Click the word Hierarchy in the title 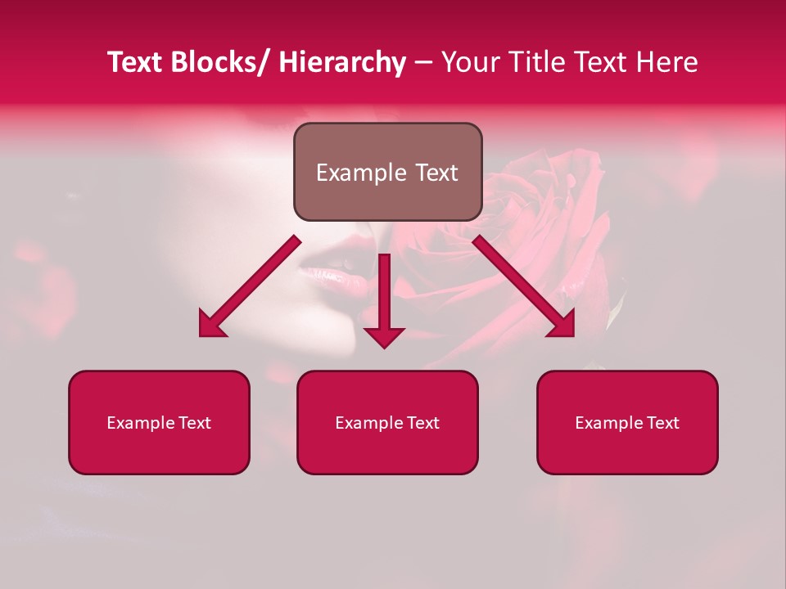(342, 62)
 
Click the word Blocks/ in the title (219, 62)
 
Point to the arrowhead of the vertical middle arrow (384, 336)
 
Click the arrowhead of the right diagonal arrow (562, 326)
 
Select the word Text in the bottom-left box (195, 423)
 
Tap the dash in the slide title (423, 64)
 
